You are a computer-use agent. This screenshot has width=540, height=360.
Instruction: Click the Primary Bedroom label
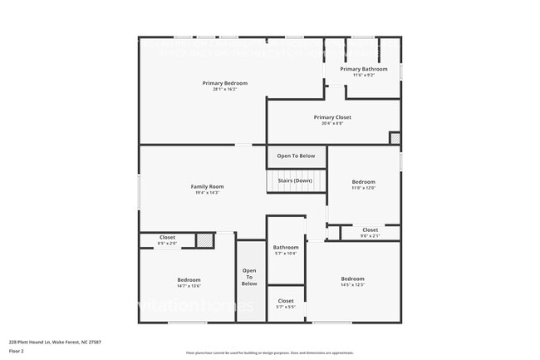click(225, 83)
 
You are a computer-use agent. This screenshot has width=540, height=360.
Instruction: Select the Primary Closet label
click(332, 117)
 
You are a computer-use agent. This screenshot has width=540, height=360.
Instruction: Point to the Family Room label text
click(208, 186)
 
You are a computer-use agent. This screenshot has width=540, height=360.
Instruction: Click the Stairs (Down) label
click(296, 180)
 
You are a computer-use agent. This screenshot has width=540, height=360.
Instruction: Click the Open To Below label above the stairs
click(296, 155)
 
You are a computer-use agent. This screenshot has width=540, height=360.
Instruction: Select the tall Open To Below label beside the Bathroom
click(249, 277)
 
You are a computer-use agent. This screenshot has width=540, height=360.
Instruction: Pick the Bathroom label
click(286, 247)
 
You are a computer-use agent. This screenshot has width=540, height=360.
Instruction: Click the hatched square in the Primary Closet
click(395, 138)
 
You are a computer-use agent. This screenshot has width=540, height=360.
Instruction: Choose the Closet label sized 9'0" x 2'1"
click(370, 229)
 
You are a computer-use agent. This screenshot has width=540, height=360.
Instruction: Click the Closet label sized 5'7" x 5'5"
click(286, 300)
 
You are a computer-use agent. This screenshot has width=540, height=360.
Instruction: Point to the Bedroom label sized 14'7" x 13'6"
click(189, 279)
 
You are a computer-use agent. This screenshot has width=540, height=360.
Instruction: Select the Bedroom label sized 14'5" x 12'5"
click(352, 279)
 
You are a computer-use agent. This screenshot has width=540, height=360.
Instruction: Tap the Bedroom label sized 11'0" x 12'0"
click(363, 181)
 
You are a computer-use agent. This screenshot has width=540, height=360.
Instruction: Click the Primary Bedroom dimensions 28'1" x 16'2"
click(225, 89)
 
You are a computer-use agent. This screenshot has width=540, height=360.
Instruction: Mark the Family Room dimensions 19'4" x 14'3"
click(208, 193)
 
